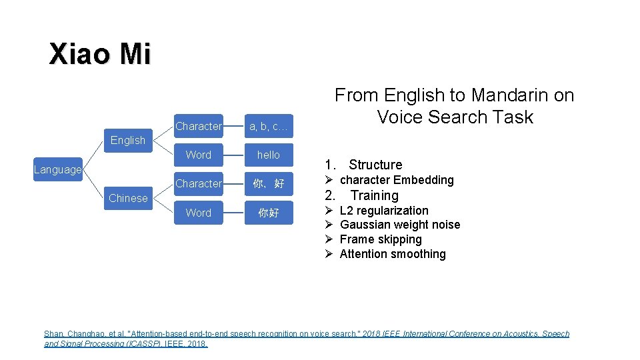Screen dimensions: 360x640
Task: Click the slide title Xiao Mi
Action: coord(100,53)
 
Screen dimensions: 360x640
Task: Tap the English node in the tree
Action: coord(127,140)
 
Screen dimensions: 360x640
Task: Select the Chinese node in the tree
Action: coord(128,198)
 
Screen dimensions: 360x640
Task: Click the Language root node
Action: coord(57,169)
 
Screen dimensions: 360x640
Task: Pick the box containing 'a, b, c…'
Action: coord(269,126)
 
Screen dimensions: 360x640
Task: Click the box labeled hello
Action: coord(269,155)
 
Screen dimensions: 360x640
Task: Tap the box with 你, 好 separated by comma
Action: coord(269,183)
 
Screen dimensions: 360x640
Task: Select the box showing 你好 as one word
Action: coord(269,213)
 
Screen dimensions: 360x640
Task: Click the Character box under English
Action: coord(199,126)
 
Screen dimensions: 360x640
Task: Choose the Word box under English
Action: coord(199,155)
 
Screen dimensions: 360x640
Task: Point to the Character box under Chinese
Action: coord(199,183)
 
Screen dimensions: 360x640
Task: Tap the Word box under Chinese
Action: coord(199,213)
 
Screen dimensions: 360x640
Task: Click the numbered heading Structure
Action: coord(375,165)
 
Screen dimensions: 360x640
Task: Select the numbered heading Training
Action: coord(375,195)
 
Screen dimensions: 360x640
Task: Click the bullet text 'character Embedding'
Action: coord(397,180)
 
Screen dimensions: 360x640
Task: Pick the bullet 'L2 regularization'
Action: coord(384,211)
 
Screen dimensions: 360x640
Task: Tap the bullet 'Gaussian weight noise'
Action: coord(400,225)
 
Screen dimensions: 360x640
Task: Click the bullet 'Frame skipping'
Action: coord(381,239)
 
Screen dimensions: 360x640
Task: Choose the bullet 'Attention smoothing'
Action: coord(393,254)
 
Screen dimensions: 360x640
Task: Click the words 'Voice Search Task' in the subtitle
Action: coord(455,117)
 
